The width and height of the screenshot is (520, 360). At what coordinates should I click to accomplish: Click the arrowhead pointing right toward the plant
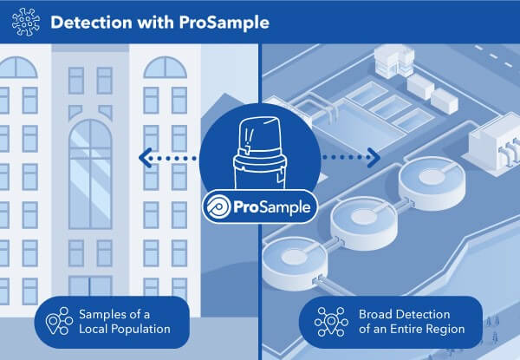(x=374, y=157)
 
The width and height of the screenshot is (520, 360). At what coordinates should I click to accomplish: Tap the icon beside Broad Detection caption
(x=330, y=322)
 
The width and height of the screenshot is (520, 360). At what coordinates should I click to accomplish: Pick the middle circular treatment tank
(x=359, y=215)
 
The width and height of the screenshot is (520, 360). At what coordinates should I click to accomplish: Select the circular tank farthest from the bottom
(x=424, y=178)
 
